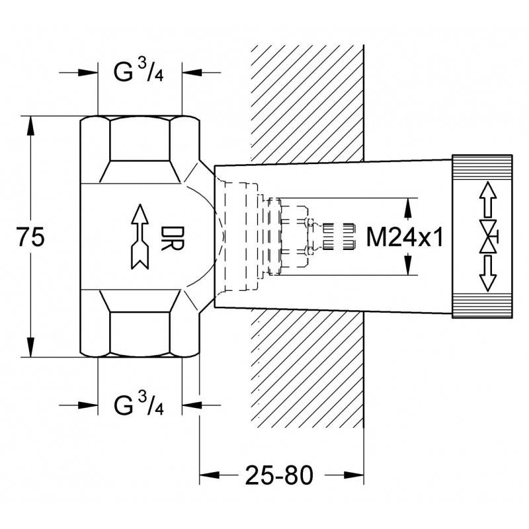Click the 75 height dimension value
30,237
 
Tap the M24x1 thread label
405,237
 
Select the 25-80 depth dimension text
279,475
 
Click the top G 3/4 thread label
139,71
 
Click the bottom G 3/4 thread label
139,404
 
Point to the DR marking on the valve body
173,238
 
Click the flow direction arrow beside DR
140,237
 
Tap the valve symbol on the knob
489,237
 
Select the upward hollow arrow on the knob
488,199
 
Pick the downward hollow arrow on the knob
488,274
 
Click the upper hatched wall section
307,104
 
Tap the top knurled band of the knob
482,167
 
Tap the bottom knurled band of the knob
482,305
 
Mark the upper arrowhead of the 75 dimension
30,126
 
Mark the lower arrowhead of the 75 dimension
30,348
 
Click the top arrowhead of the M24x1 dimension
408,207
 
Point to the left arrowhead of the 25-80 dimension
209,475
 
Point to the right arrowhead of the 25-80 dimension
354,475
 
